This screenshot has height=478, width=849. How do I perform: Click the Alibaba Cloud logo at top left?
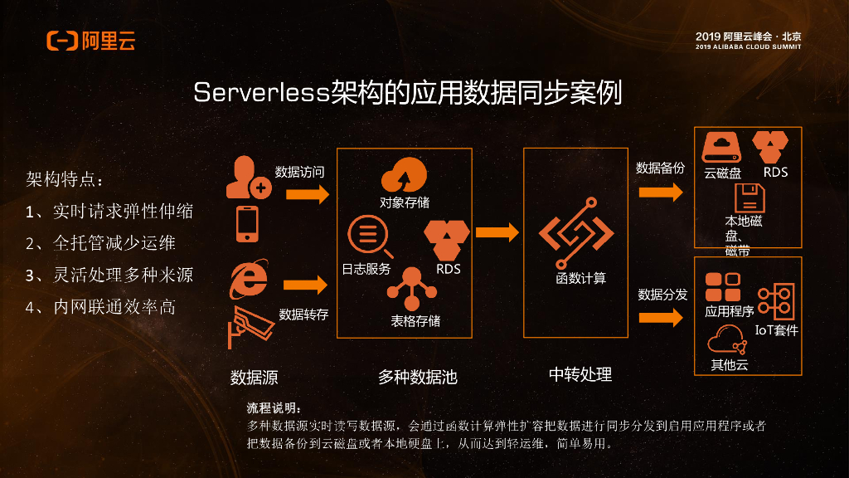tap(90, 40)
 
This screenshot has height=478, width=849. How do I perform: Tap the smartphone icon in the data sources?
tap(247, 223)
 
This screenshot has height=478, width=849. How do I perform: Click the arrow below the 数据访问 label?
tap(306, 194)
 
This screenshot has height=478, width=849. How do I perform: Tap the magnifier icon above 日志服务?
tap(367, 237)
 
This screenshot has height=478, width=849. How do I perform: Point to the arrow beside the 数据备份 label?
tap(661, 193)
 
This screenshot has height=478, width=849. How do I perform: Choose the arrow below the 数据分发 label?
tap(661, 319)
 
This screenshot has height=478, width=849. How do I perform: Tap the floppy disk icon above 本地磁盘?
tap(749, 199)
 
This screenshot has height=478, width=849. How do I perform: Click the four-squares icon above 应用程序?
tap(722, 287)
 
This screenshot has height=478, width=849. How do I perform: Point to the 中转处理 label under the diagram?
tap(580, 374)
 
